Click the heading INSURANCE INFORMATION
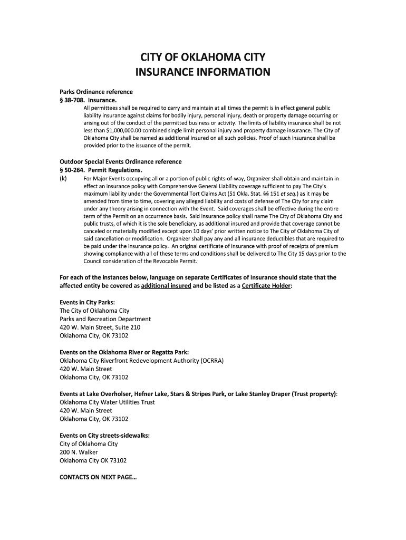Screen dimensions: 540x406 point(202,72)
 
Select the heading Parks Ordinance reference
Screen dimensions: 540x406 point(96,92)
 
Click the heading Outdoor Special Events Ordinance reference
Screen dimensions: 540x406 point(120,161)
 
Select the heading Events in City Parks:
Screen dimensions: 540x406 point(87,302)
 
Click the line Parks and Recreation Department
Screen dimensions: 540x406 point(105,319)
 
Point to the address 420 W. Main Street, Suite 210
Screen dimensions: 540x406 point(100,327)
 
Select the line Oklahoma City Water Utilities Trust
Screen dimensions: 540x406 point(107,402)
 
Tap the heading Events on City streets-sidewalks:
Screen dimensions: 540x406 point(104,436)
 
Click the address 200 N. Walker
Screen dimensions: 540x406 point(79,452)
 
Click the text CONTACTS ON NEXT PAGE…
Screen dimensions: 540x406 point(98,477)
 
